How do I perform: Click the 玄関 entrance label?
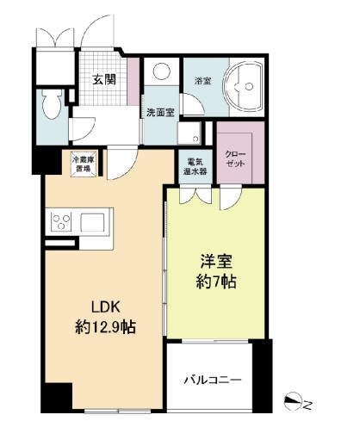(104, 81)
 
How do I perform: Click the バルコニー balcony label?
(212, 379)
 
